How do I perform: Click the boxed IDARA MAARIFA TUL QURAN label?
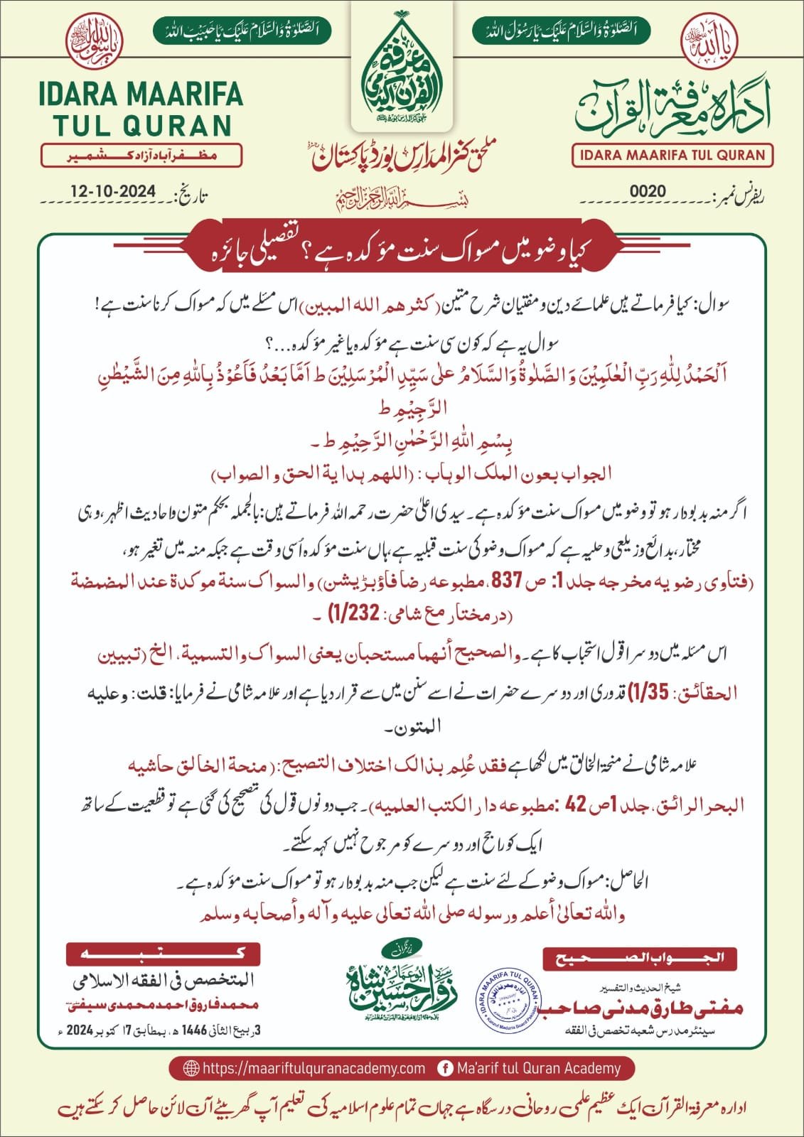672,155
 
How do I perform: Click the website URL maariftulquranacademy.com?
313,1068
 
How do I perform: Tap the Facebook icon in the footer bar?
446,1068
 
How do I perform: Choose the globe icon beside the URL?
191,1068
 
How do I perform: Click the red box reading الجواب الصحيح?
639,957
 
